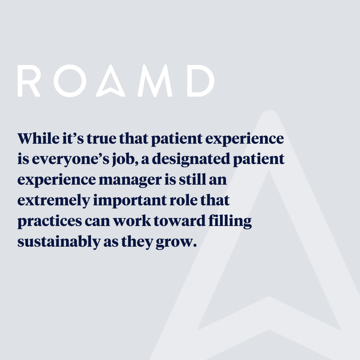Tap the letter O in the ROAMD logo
coord(69,81)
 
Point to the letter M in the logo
coord(155,81)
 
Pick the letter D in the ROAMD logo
coord(200,81)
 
